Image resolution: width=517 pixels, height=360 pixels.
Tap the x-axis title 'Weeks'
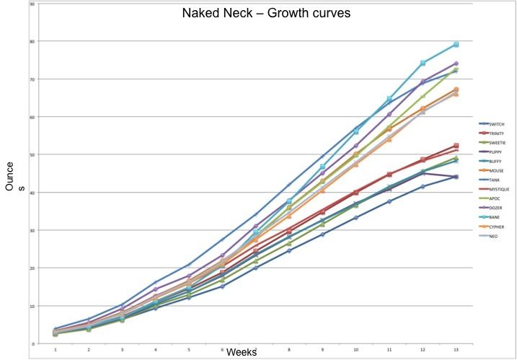[x=241, y=352]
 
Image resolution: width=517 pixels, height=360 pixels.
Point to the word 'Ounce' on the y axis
[x=10, y=176]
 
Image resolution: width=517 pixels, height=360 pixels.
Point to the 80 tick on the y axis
[x=31, y=41]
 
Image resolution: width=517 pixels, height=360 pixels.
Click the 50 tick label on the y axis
[x=31, y=154]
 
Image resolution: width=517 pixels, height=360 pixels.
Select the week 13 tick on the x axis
[x=456, y=350]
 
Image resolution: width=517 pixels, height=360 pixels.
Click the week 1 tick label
[x=56, y=350]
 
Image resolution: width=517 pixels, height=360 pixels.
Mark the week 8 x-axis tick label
[x=288, y=350]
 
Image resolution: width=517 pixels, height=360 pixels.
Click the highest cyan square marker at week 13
[x=456, y=45]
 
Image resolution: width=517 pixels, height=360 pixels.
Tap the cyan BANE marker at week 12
[x=423, y=63]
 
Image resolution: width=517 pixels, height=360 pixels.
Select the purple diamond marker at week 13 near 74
[x=456, y=63]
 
